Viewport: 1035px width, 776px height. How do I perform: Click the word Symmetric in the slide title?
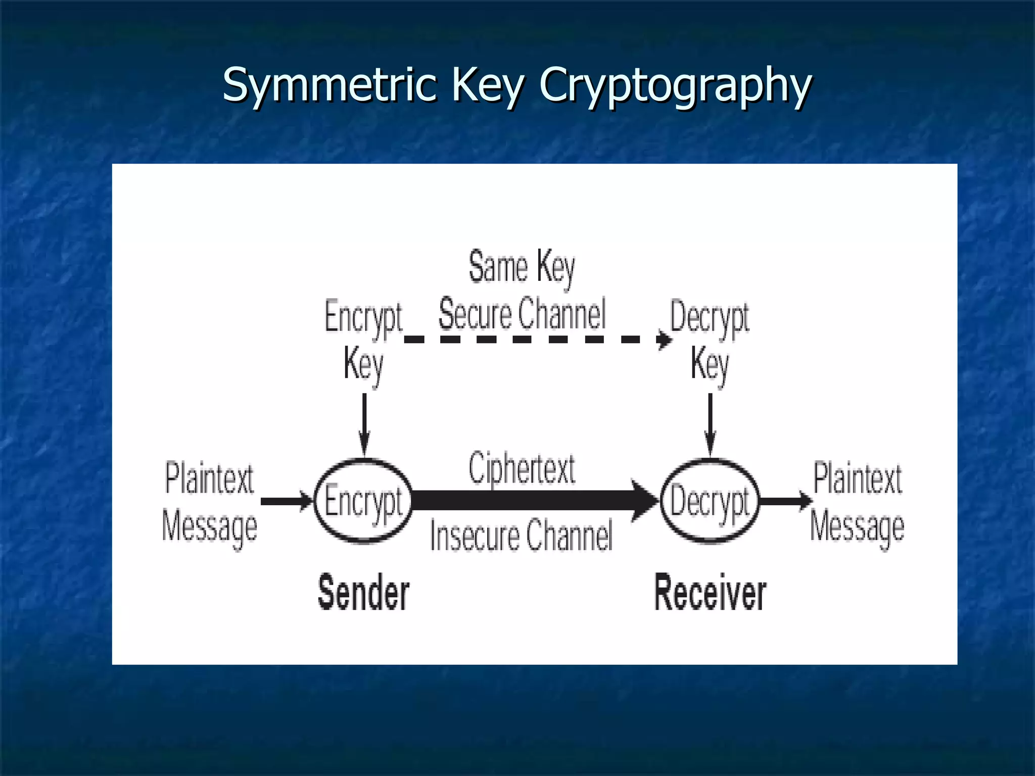tap(328, 84)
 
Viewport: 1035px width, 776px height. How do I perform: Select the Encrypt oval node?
tap(363, 501)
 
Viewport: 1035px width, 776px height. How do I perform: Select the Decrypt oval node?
tap(710, 501)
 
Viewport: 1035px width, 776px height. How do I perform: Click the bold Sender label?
tap(363, 592)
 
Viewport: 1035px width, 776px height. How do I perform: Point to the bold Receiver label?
tap(710, 592)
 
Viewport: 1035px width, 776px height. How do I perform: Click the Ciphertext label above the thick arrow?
tap(522, 469)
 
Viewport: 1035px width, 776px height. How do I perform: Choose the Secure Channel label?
tap(522, 314)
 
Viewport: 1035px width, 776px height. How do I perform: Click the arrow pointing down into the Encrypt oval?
tap(364, 424)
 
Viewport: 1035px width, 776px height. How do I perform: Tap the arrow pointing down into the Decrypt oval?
tap(710, 424)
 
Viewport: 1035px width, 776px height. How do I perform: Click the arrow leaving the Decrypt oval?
tap(786, 501)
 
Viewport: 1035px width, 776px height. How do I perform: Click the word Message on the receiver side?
tap(857, 526)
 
